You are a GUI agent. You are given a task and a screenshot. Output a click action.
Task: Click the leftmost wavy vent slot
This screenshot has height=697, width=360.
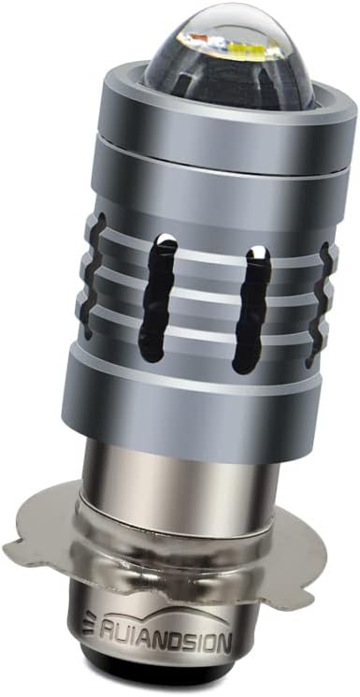(x=94, y=276)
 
